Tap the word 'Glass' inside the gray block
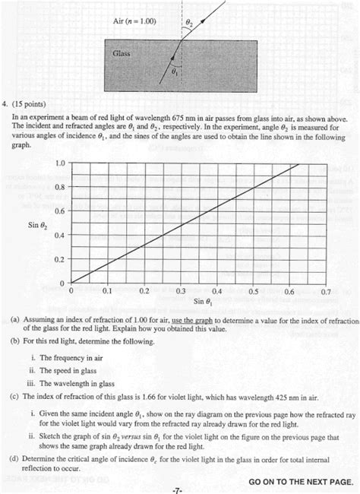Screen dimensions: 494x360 pos(122,54)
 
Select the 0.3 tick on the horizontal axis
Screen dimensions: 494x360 pos(181,291)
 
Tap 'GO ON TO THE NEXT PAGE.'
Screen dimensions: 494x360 pos(300,482)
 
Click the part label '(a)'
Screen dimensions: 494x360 pos(15,321)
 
